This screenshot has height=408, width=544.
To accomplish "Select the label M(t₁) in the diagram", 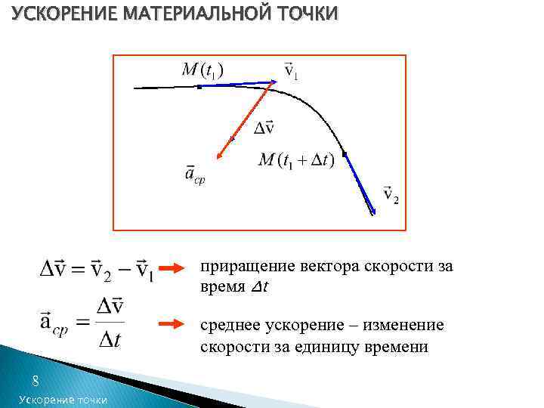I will tap(202, 70).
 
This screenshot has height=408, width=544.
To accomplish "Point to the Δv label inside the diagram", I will tap(263, 128).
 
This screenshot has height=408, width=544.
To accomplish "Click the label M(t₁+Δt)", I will tap(295, 160).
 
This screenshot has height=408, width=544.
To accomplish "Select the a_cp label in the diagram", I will tap(195, 175).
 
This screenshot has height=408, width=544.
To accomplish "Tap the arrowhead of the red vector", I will tap(218, 157).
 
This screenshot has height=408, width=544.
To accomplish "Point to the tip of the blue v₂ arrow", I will tap(373, 214).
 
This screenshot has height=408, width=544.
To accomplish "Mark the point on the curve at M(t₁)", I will tap(199, 87).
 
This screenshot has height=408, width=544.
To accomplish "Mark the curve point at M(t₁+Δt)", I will tap(344, 155).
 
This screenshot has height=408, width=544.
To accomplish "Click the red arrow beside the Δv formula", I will tap(176, 267).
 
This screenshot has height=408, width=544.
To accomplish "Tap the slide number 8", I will tap(35, 381).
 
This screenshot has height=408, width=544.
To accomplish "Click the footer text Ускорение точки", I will tap(63, 399).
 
